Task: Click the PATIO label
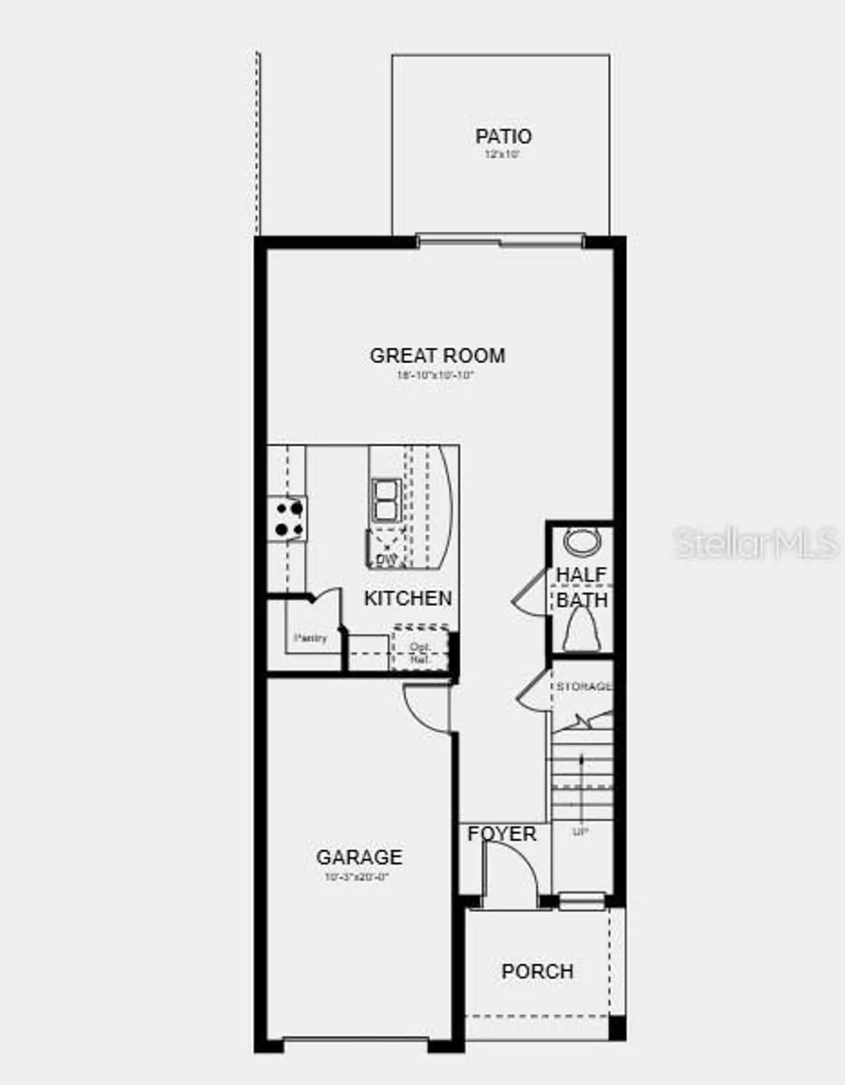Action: [503, 136]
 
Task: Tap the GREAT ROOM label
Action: [437, 355]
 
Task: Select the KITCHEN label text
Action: [408, 598]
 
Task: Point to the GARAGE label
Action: [359, 857]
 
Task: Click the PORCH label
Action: [537, 971]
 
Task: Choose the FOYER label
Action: [502, 834]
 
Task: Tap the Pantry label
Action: [310, 638]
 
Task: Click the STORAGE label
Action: [583, 686]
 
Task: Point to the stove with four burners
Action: [288, 519]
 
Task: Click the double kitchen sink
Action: [385, 500]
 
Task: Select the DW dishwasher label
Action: [387, 560]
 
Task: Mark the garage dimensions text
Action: [357, 877]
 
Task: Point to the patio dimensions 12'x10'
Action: [502, 155]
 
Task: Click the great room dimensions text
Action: [435, 375]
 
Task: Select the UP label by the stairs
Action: [580, 832]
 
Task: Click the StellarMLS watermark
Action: [756, 542]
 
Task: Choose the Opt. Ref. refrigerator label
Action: [420, 653]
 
